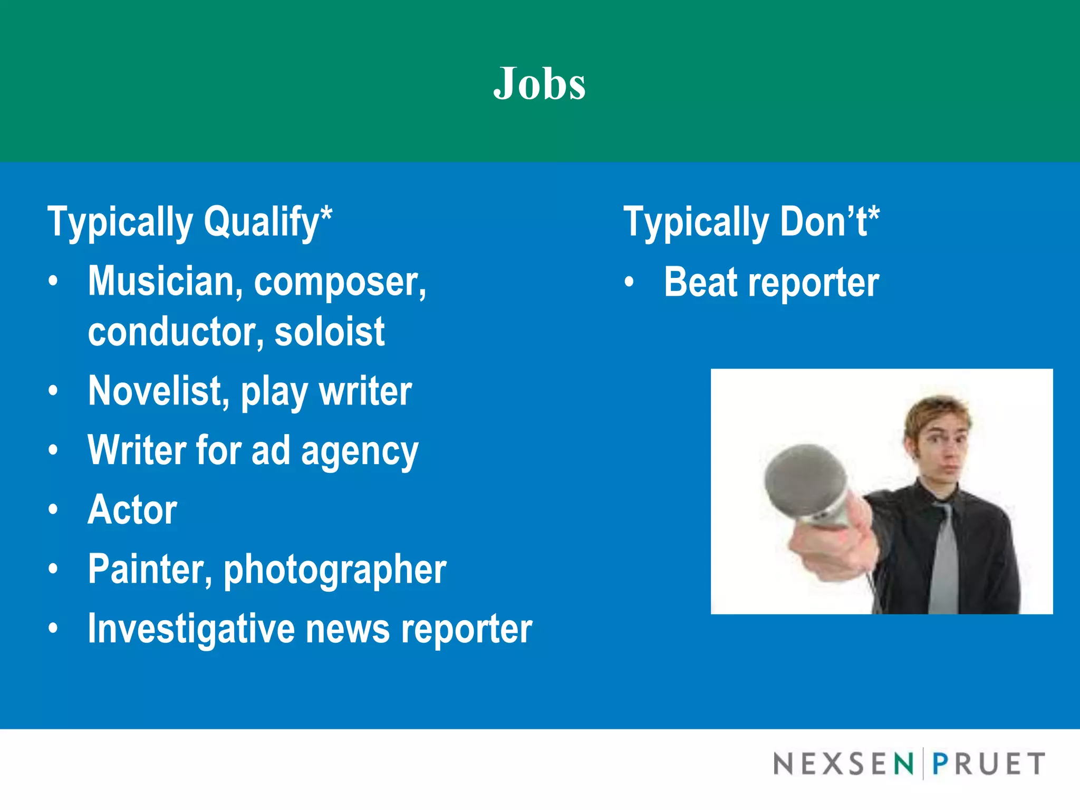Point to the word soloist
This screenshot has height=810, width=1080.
[x=330, y=332]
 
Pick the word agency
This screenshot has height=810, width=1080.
[x=360, y=452]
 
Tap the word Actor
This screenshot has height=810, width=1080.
[x=132, y=510]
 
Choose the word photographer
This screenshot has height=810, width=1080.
[x=335, y=570]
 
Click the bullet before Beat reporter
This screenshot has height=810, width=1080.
[x=629, y=282]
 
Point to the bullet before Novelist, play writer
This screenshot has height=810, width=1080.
[x=53, y=391]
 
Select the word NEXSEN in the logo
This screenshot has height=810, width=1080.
[x=843, y=764]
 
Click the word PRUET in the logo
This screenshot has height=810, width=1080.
[x=988, y=764]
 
